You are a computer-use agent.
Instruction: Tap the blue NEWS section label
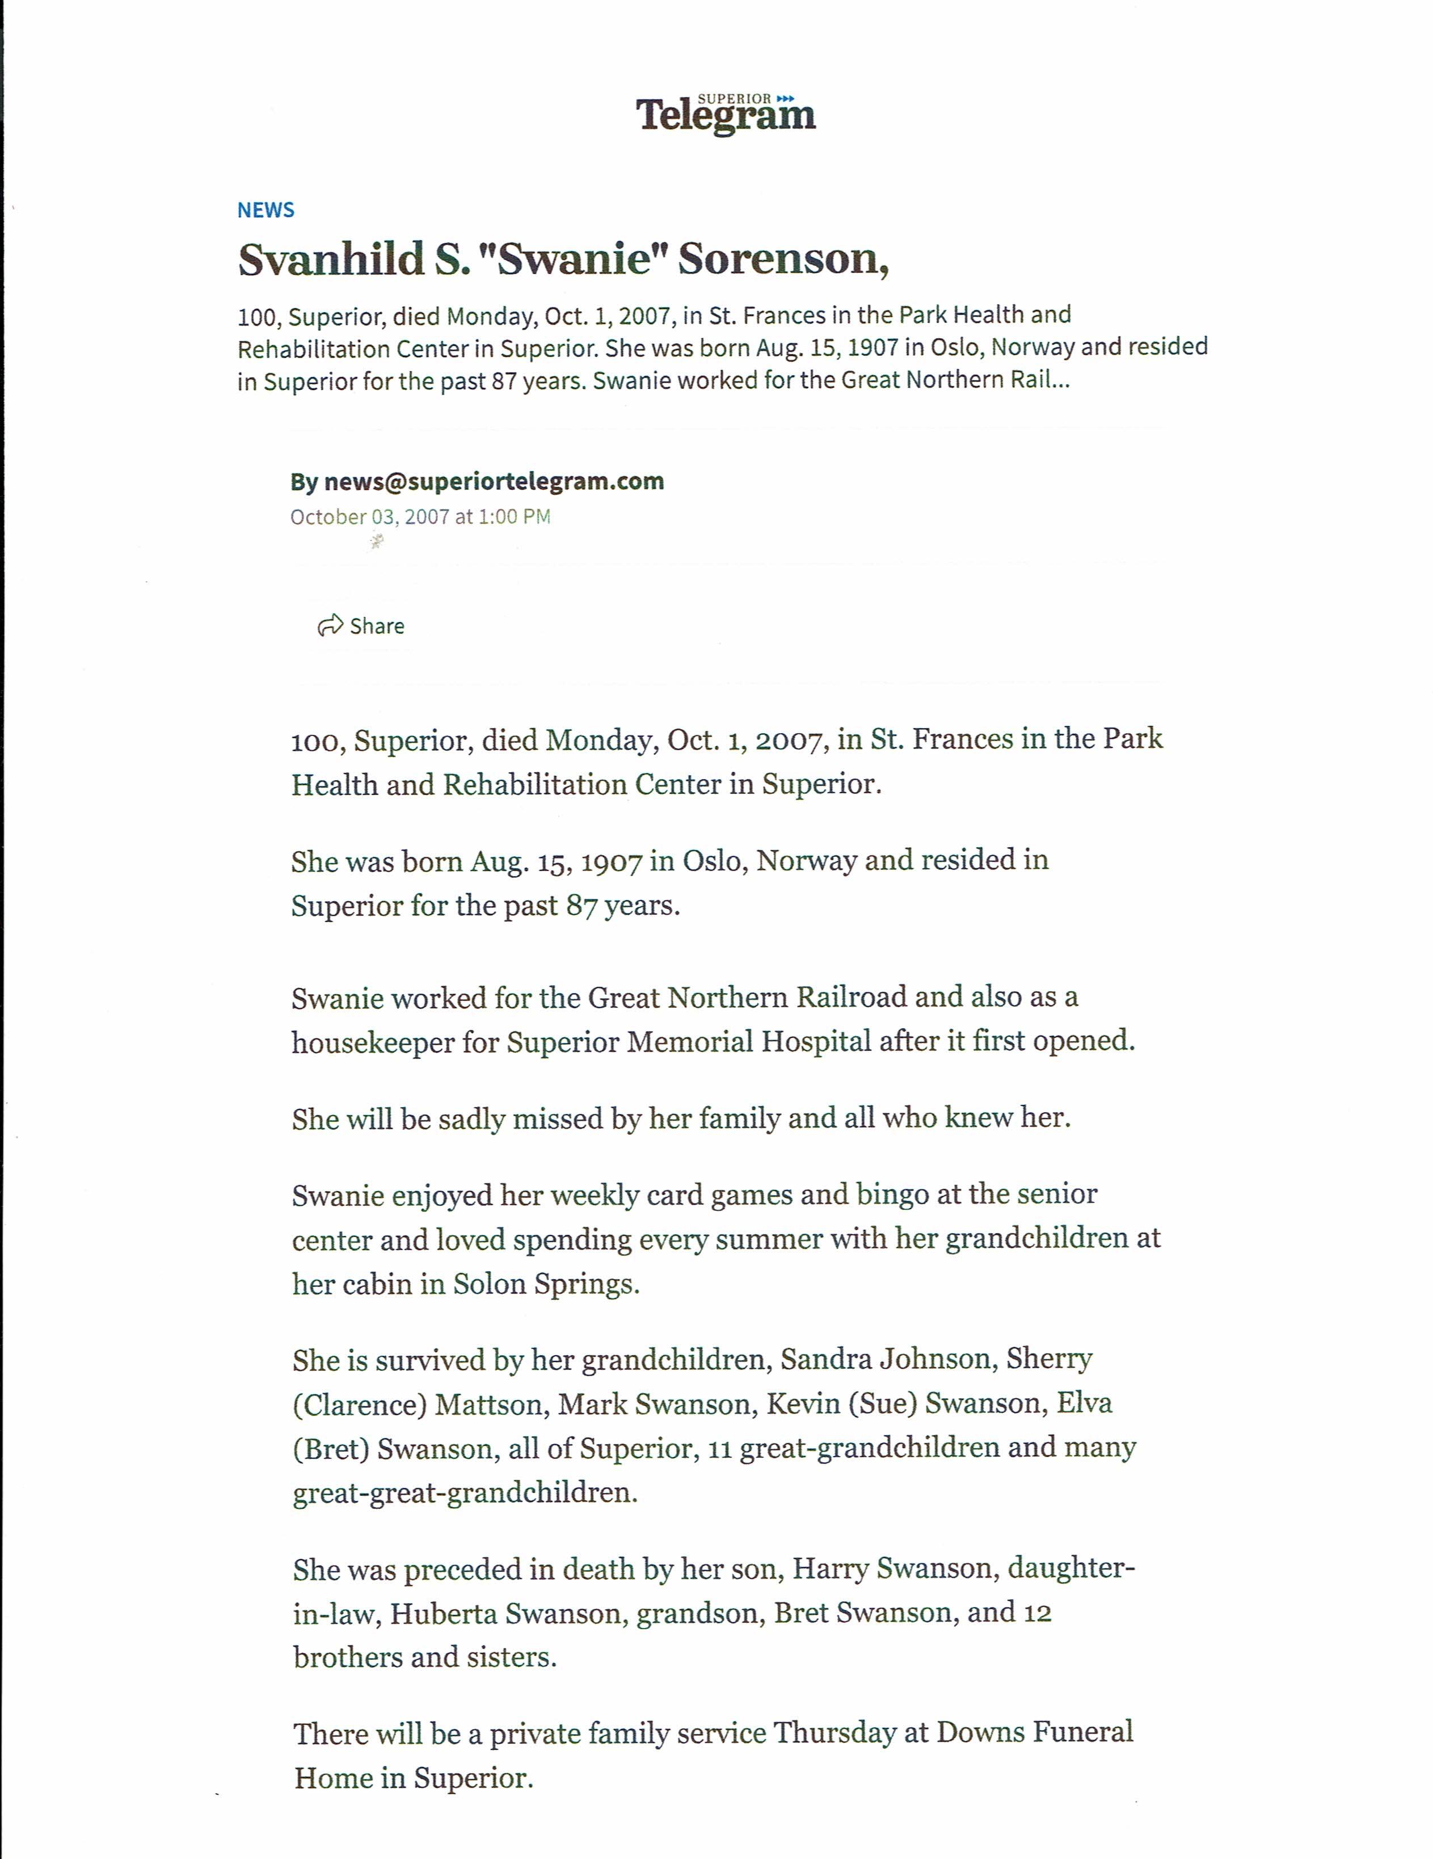(265, 210)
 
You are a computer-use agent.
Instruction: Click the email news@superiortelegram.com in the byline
(494, 482)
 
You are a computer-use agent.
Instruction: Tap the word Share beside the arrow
(377, 626)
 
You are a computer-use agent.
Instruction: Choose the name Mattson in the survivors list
(488, 1404)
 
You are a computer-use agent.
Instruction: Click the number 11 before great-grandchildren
(720, 1449)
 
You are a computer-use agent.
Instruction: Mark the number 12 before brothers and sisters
(1036, 1613)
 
